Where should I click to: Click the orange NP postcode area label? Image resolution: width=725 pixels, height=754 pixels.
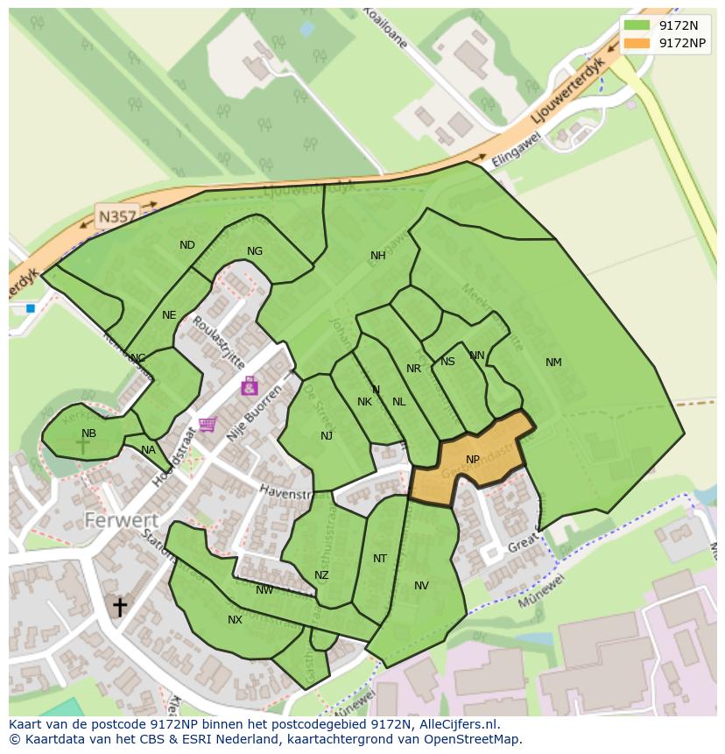pos(473,460)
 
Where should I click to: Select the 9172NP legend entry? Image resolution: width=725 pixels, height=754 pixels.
pos(682,43)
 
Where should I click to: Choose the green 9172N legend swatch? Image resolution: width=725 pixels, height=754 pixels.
pos(637,25)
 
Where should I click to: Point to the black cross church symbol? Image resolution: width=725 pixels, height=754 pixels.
pos(119,606)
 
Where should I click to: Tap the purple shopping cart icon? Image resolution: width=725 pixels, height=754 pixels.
pos(208,425)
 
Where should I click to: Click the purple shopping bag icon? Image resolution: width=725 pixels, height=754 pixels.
pos(250,385)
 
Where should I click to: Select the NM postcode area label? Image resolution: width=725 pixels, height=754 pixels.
pos(553,363)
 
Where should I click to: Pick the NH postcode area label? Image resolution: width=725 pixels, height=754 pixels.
pos(377,256)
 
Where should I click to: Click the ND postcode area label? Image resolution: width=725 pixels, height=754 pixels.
pos(187,245)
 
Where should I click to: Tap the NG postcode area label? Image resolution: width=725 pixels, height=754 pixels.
pos(255,251)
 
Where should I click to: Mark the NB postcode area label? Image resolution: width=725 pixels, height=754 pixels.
pos(88,433)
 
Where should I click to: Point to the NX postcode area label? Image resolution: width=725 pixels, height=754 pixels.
pos(235,620)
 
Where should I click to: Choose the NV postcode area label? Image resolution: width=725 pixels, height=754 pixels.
pos(421,586)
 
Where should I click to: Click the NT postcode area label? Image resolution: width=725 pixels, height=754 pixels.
pos(379,559)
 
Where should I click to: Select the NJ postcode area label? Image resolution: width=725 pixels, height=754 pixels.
pos(327,436)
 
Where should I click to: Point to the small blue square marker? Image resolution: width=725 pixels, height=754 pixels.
pos(31,308)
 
